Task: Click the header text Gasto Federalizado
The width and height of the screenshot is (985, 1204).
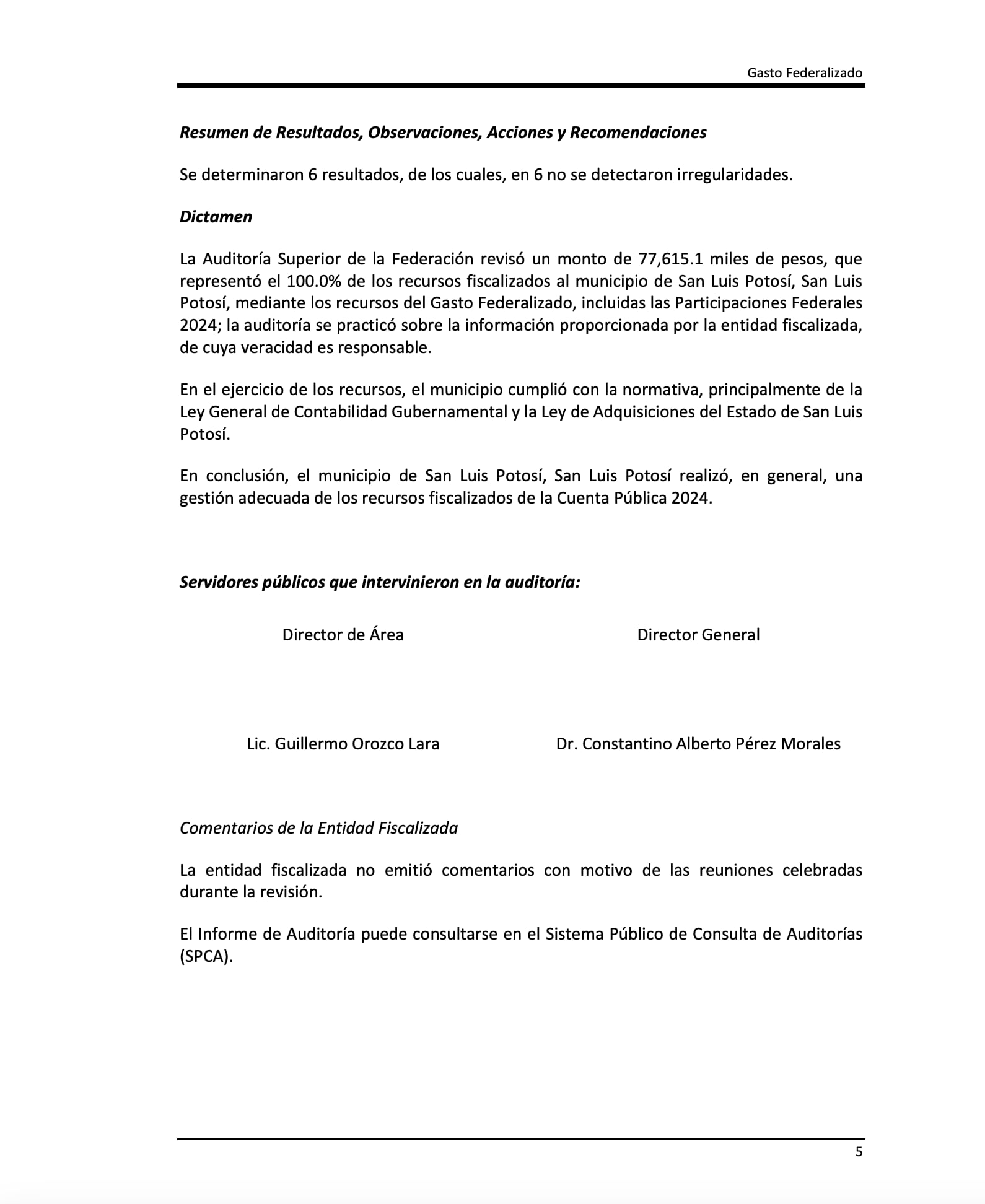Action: [x=804, y=73]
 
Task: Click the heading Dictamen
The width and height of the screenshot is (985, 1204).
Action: [x=216, y=217]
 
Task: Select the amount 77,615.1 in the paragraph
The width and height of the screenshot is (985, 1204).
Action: [x=670, y=259]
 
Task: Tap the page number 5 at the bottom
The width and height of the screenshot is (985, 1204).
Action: [x=858, y=1152]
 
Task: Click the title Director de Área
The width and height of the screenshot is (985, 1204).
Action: [x=343, y=635]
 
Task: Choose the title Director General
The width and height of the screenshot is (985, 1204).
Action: [x=698, y=635]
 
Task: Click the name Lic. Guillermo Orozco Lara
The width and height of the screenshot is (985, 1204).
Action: [x=343, y=744]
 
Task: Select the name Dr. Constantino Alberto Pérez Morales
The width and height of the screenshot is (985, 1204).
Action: [x=698, y=744]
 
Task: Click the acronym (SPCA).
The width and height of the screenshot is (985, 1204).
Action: [x=206, y=956]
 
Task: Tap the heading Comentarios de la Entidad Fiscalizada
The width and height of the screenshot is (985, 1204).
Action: [x=318, y=828]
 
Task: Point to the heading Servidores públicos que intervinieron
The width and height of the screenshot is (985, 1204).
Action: [x=379, y=582]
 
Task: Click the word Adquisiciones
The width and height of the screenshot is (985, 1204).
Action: [x=644, y=412]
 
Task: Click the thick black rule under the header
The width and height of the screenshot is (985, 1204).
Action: [x=520, y=85]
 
